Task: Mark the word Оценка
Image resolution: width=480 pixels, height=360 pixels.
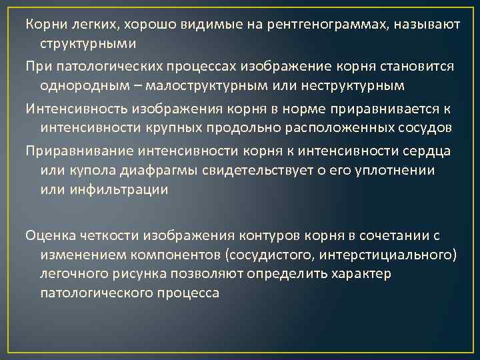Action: point(51,235)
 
